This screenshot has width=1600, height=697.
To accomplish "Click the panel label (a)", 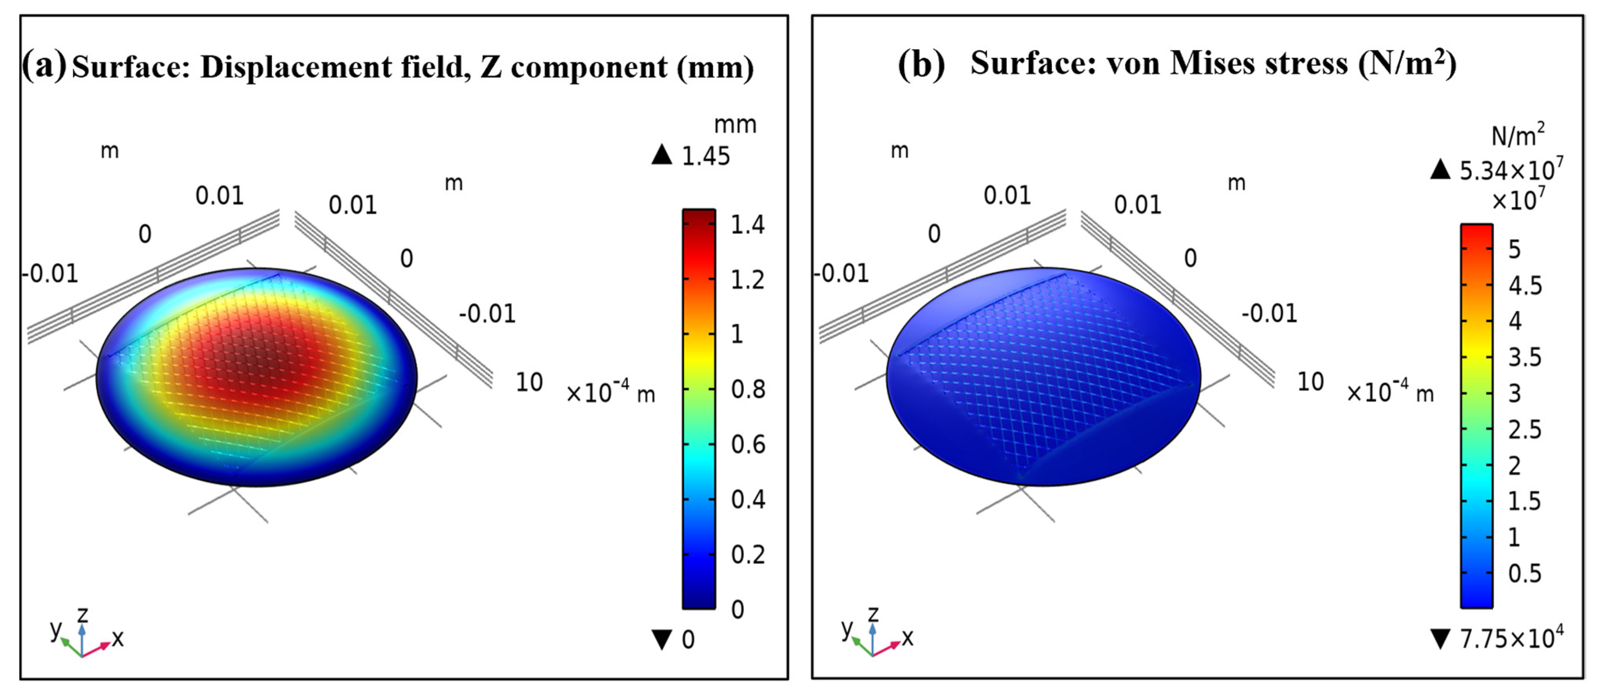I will click(x=43, y=65).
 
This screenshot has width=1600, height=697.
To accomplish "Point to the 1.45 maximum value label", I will click(x=706, y=157).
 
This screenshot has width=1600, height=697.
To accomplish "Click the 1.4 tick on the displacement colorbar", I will click(x=747, y=225).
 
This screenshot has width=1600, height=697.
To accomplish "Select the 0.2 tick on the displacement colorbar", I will click(x=747, y=554).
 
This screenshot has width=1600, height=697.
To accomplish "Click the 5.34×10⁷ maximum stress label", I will click(x=1510, y=170).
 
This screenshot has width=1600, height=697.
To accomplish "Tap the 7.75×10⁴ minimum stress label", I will click(x=1510, y=638).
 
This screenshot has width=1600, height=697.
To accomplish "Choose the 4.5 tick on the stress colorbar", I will click(x=1525, y=285).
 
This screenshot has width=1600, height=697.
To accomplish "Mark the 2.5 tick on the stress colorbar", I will click(x=1525, y=429).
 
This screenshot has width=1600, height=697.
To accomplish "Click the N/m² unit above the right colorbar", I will click(x=1518, y=135).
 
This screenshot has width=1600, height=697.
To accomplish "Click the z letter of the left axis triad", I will click(x=82, y=615).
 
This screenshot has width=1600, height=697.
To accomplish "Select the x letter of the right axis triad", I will click(x=907, y=637).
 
